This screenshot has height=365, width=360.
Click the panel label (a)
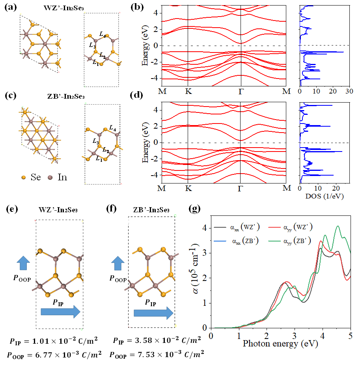coord(9,7)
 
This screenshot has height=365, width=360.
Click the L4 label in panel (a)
coord(103,36)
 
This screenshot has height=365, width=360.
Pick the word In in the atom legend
coord(62,178)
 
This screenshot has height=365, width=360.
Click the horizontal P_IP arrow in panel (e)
coord(60,312)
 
